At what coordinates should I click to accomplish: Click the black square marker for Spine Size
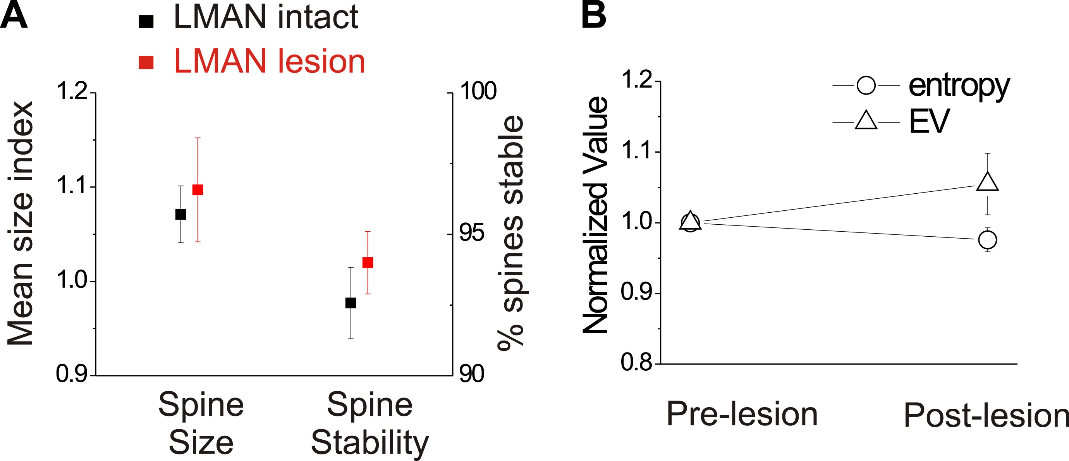(x=180, y=214)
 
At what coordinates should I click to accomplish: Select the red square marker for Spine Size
(x=198, y=189)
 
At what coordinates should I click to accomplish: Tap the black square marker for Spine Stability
(x=351, y=303)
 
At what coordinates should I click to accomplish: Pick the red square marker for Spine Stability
(x=368, y=263)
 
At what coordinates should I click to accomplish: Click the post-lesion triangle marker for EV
(x=988, y=182)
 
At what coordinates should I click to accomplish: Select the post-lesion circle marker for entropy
(x=988, y=240)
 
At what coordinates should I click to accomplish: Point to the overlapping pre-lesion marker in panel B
(x=690, y=222)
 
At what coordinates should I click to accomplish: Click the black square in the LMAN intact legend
(x=146, y=21)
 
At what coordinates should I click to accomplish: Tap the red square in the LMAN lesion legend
(x=146, y=62)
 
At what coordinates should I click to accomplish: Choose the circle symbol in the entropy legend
(x=866, y=86)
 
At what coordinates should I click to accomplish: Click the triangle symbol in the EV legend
(x=866, y=121)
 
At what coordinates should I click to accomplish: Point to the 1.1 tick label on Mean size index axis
(x=71, y=186)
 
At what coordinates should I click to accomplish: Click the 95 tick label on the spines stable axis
(x=472, y=233)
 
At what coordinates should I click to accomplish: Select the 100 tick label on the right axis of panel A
(x=478, y=91)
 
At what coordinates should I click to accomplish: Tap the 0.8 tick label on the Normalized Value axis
(x=636, y=362)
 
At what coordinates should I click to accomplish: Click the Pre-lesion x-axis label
(x=742, y=414)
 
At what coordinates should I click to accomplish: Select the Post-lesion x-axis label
(x=986, y=415)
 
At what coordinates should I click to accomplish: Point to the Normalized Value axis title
(x=596, y=215)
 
